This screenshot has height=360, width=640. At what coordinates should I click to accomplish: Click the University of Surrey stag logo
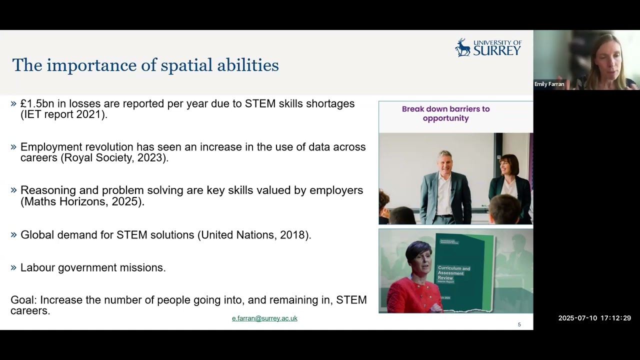point(462,47)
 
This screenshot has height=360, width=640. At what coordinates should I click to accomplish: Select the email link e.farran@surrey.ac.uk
point(264,318)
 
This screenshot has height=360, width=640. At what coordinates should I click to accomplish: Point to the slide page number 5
point(519,324)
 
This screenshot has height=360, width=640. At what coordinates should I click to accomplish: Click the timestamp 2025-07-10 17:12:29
point(594,318)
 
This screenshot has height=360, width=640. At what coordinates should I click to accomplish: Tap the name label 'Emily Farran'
point(549,84)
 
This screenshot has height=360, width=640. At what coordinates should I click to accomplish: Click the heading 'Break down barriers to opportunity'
point(445,113)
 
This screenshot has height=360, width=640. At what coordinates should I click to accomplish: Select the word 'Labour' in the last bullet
point(37,267)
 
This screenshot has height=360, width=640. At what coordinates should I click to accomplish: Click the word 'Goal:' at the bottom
point(23,300)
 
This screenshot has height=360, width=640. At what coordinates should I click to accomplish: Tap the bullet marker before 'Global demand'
point(13,234)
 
